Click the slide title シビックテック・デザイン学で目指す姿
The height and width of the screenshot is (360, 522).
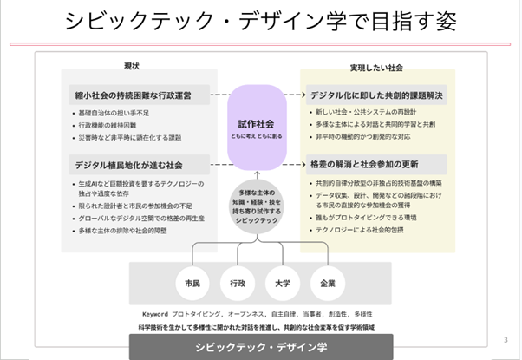(x=260, y=21)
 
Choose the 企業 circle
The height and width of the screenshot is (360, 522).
(x=328, y=283)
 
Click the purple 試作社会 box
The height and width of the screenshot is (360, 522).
(x=257, y=129)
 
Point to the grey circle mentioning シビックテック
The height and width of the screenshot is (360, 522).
(x=257, y=206)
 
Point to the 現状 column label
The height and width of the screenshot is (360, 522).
(x=132, y=67)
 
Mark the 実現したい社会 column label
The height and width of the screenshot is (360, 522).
(x=376, y=67)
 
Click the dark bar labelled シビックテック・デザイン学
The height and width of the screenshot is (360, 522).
(x=261, y=348)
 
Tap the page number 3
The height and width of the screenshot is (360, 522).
(x=506, y=339)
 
